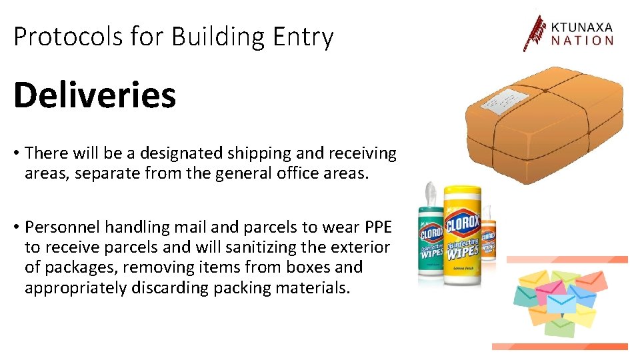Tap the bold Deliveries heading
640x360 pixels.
pyautogui.click(x=95, y=95)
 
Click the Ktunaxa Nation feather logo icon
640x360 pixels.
pyautogui.click(x=533, y=33)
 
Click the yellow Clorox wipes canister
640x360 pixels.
pyautogui.click(x=461, y=237)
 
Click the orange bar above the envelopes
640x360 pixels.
pyautogui.click(x=567, y=259)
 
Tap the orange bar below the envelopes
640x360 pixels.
pyautogui.click(x=560, y=346)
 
